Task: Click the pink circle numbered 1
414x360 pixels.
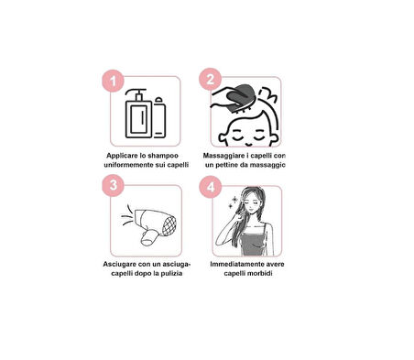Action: tap(113, 81)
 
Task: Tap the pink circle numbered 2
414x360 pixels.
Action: tap(210, 80)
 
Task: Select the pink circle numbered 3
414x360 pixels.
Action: tap(113, 185)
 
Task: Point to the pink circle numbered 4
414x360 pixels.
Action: tap(211, 187)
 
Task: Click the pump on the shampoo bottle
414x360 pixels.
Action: tap(136, 94)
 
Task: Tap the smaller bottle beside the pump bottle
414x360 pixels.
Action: tap(159, 117)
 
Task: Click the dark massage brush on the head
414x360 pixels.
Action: tap(240, 98)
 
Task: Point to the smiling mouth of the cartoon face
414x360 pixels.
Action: tap(248, 144)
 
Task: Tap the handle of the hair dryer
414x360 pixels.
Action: tap(148, 238)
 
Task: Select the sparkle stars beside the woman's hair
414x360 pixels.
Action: tap(234, 202)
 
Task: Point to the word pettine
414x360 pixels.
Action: tap(228, 165)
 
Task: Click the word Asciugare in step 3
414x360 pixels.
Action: tap(120, 264)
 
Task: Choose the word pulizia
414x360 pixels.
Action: tap(172, 273)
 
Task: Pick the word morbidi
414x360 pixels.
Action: tap(260, 273)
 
